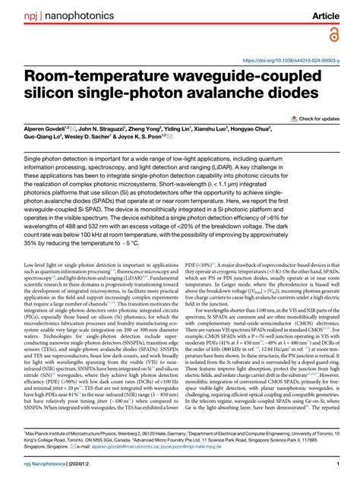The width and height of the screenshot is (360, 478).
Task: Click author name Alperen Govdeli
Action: (x=47, y=131)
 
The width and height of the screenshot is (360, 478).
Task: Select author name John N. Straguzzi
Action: (x=110, y=131)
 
